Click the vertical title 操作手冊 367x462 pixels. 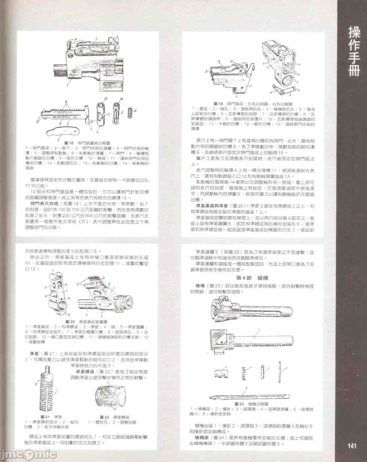[354, 52]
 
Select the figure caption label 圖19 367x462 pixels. [218, 104]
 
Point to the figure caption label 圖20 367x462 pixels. [70, 322]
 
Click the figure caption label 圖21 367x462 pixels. [45, 417]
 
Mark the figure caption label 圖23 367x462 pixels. [239, 404]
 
